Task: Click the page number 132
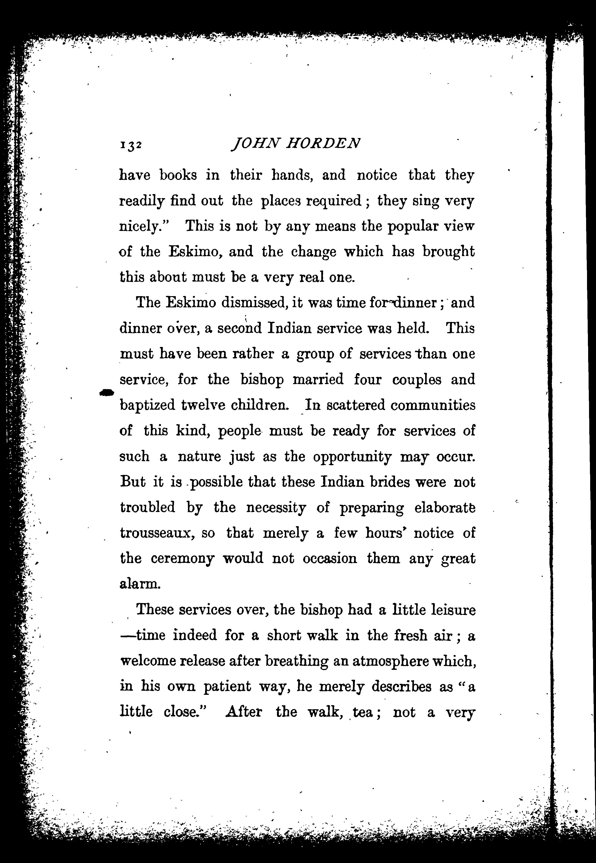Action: click(x=130, y=145)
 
